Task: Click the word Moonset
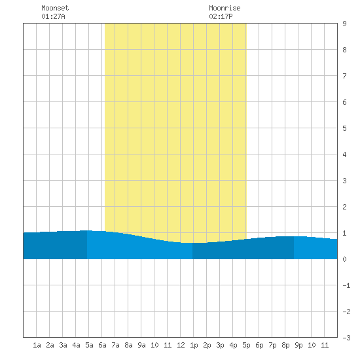55,8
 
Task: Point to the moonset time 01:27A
53,16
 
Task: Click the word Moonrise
225,8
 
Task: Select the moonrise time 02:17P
221,16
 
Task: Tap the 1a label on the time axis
37,345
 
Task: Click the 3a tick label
63,345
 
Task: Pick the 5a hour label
89,345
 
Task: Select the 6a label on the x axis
102,345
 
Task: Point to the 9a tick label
141,345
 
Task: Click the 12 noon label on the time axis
181,345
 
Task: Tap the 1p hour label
194,345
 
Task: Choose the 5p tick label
246,345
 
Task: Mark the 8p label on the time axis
285,345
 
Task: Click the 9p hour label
298,345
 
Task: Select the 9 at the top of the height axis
344,24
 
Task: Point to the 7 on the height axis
344,76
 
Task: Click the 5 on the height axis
344,128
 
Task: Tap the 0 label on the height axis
344,259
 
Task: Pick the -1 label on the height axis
346,285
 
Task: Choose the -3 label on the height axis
346,338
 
